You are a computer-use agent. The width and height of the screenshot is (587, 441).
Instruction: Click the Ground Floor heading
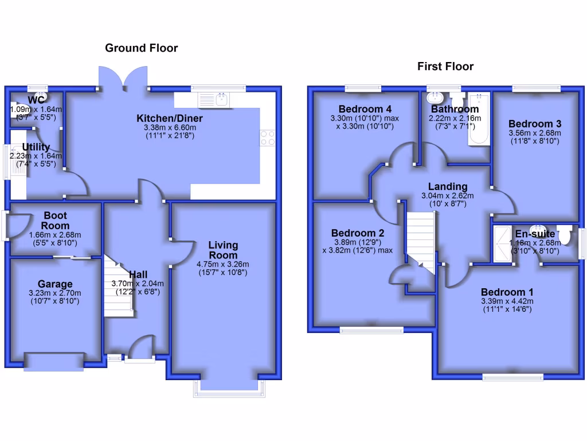click(141, 48)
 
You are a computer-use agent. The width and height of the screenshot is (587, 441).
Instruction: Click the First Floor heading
click(445, 67)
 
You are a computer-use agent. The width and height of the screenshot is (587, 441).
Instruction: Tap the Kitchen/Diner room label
click(169, 118)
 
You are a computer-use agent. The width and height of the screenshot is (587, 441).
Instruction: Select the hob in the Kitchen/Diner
click(267, 137)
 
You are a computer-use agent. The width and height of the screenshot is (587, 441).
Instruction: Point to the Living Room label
click(223, 250)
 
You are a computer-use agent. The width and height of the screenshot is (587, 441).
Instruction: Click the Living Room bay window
click(229, 389)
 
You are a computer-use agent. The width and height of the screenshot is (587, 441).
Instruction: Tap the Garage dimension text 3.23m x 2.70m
click(55, 294)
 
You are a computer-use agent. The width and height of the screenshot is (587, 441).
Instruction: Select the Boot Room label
click(55, 220)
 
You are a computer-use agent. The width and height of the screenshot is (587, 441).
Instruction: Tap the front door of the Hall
click(140, 351)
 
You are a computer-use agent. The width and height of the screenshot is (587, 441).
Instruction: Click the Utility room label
click(36, 148)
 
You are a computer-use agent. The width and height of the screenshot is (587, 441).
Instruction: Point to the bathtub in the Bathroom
click(478, 119)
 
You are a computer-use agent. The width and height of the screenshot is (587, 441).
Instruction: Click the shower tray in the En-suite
click(503, 243)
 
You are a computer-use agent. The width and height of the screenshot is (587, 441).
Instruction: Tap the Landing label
click(448, 186)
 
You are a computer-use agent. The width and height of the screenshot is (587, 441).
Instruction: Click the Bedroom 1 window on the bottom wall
click(512, 377)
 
